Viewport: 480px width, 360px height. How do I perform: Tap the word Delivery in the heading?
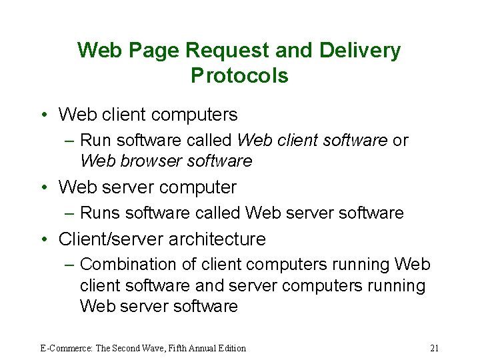coord(361,51)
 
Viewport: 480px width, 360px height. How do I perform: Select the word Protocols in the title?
coord(239,75)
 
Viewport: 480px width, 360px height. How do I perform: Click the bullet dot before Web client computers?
coord(43,115)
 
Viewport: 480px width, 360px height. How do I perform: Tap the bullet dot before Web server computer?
coord(43,188)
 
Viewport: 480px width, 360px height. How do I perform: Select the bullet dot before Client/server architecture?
coord(43,239)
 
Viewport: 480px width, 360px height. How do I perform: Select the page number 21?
coord(434,348)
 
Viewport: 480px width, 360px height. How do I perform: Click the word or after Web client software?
coord(401,141)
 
